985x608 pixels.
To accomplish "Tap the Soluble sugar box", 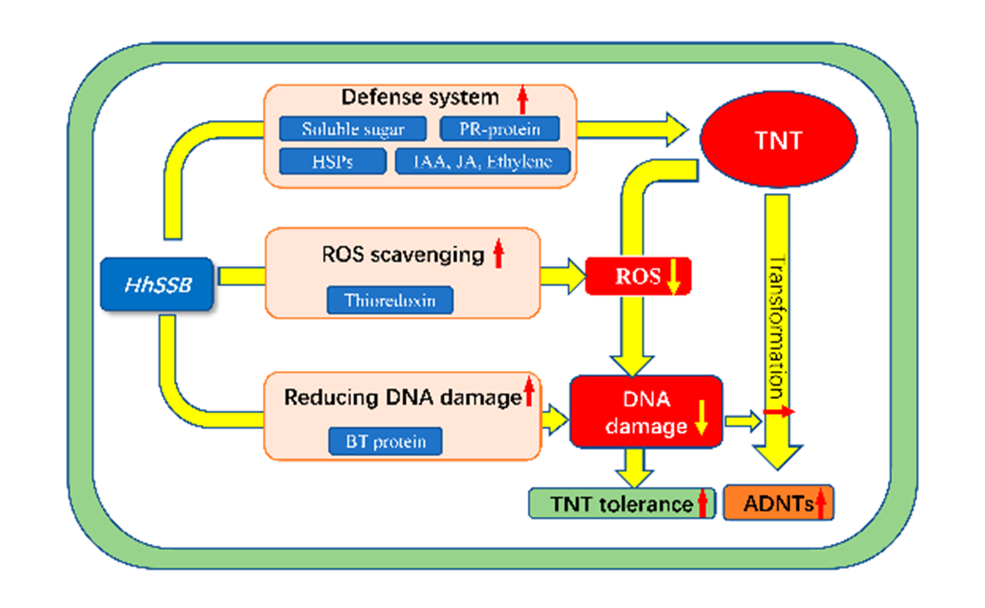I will click(x=353, y=129).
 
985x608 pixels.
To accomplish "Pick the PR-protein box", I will click(x=499, y=129).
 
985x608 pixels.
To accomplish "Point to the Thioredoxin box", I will click(x=390, y=299).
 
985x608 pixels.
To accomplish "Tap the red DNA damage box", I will click(x=646, y=412).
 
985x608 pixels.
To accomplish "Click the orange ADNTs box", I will click(x=778, y=503).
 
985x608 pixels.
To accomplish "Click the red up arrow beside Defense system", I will click(x=522, y=100).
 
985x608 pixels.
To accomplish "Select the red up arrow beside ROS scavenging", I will click(x=498, y=252).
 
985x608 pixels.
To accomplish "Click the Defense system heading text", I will click(x=421, y=98).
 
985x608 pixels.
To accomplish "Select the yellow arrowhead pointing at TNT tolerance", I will click(x=636, y=478).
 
